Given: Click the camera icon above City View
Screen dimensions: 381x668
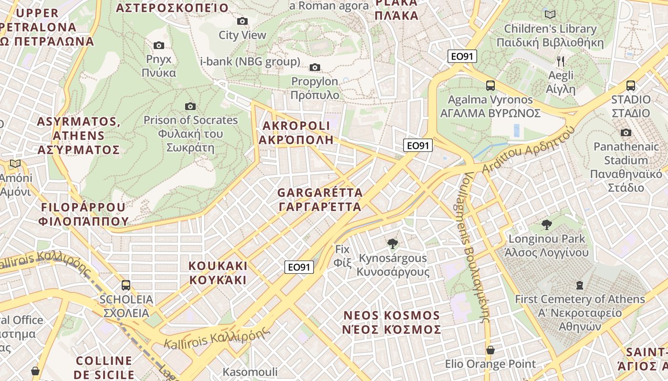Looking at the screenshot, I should point(242,21).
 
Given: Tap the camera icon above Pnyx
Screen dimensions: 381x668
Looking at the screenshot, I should point(159,45).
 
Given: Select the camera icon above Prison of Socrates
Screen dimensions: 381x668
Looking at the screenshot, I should point(190,106).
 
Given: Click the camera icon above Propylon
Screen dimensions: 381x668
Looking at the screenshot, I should point(315,67).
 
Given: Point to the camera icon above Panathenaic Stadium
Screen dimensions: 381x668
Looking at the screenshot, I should point(626,132).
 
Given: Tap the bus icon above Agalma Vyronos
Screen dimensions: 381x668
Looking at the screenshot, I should point(491,86).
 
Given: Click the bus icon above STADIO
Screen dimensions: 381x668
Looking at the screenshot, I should point(631,86).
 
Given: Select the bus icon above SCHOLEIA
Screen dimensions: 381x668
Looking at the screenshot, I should point(126,285).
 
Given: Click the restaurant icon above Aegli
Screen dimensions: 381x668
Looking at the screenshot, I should point(561,61).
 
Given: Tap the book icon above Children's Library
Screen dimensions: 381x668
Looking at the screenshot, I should point(550,14).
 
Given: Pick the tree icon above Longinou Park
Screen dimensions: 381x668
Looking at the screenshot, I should point(547,224).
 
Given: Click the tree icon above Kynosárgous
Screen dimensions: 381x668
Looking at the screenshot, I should point(393,244).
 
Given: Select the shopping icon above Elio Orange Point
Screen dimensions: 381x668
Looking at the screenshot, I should point(490,350).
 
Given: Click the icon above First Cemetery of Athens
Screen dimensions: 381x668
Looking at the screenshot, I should point(580,285).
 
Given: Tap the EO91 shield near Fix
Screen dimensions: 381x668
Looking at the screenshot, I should point(299,267).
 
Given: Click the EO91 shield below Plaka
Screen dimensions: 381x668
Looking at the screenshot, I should point(462,56).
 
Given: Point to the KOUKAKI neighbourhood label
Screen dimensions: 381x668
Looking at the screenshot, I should point(218,272).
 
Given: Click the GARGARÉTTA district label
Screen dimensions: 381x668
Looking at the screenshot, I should point(320,200).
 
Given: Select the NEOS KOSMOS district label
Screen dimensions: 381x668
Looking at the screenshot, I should point(392,322).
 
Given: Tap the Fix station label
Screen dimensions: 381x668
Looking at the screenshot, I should point(342,255).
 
